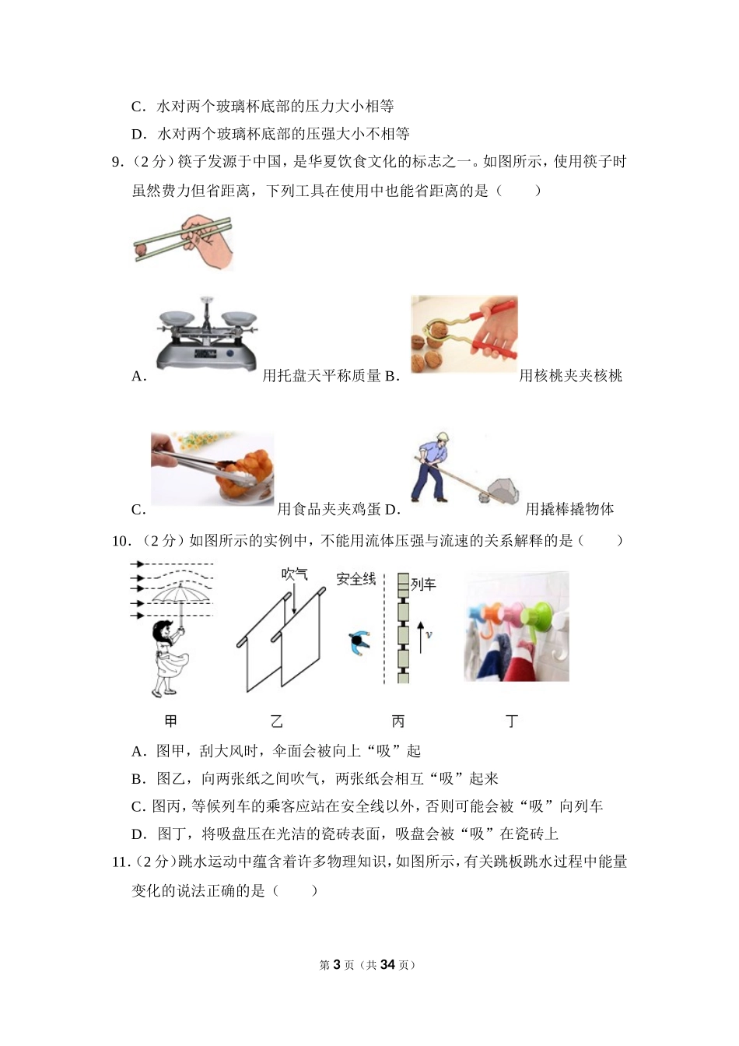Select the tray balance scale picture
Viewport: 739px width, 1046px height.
click(206, 334)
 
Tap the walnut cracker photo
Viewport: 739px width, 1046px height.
click(464, 335)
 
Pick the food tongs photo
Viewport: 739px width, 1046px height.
click(212, 469)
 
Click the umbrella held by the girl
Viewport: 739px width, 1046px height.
click(180, 596)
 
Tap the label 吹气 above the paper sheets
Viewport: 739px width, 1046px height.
click(295, 574)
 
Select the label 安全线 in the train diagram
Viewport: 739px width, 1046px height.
click(355, 579)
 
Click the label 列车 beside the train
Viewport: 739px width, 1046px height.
click(423, 584)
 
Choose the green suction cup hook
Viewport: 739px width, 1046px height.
click(537, 611)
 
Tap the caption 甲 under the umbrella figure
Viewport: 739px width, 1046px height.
click(170, 721)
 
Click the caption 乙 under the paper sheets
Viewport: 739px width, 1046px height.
click(277, 721)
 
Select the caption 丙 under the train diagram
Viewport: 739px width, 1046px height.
click(398, 721)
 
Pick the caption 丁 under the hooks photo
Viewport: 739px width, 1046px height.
click(512, 721)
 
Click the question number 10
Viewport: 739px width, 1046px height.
click(120, 541)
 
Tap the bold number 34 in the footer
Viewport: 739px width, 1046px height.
click(387, 965)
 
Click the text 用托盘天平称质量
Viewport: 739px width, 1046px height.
click(321, 376)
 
